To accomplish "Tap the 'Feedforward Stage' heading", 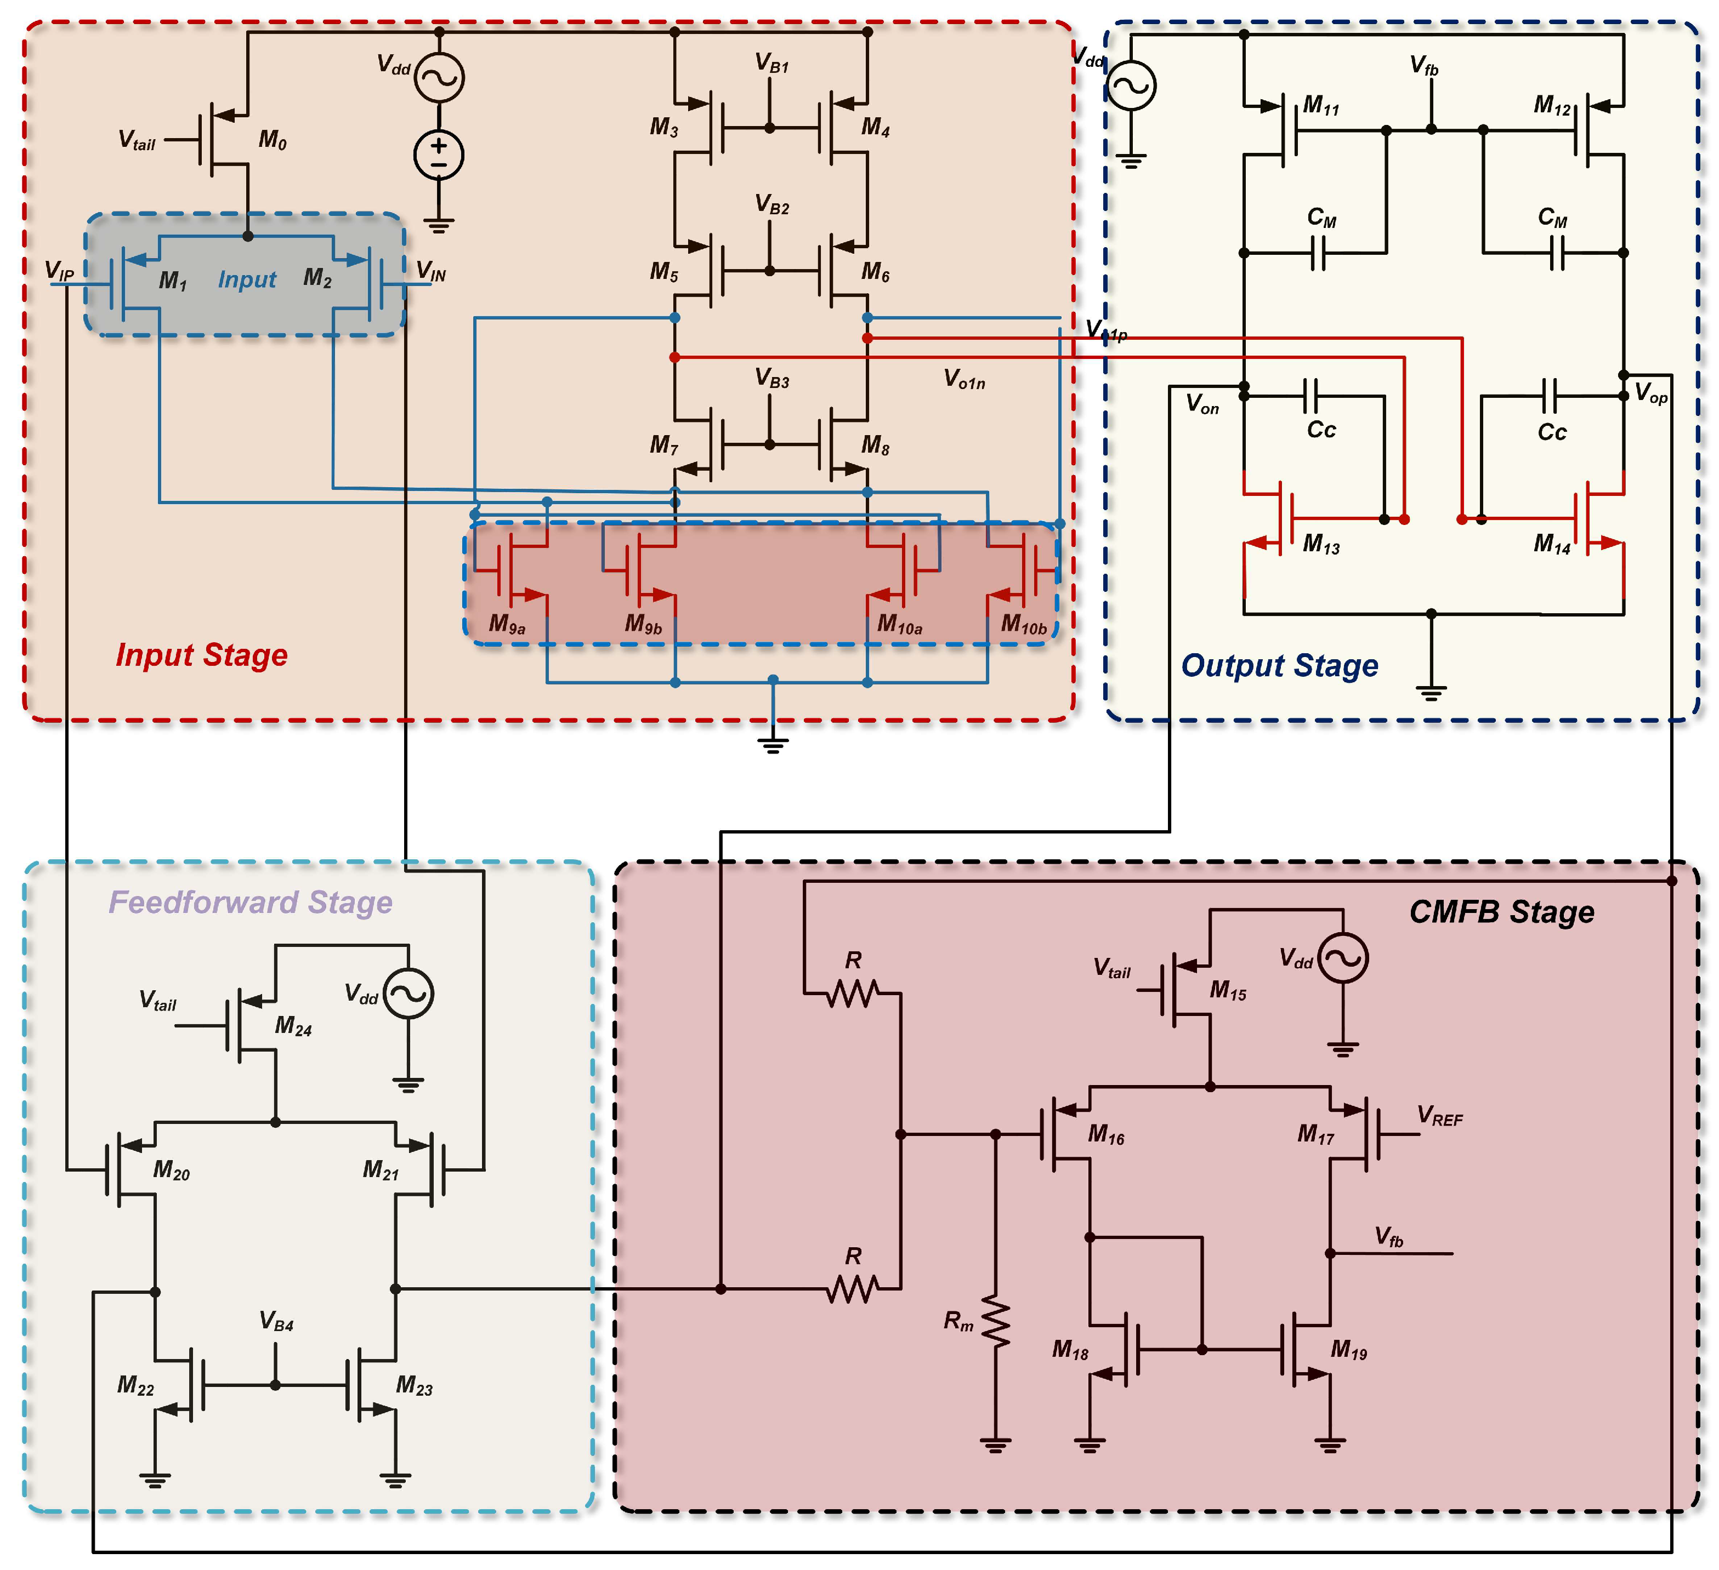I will [x=250, y=902].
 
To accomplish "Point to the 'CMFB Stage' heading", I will [x=1501, y=912].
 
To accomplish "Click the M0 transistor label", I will [x=272, y=140].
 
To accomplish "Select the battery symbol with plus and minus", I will [x=438, y=155].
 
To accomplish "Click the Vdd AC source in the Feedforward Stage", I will [x=409, y=994].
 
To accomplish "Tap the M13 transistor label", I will [x=1321, y=544].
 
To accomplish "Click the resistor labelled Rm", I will [x=995, y=1322].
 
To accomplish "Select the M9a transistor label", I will [x=507, y=625].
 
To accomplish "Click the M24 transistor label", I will [x=292, y=1026].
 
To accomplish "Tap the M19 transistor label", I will [x=1348, y=1349].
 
